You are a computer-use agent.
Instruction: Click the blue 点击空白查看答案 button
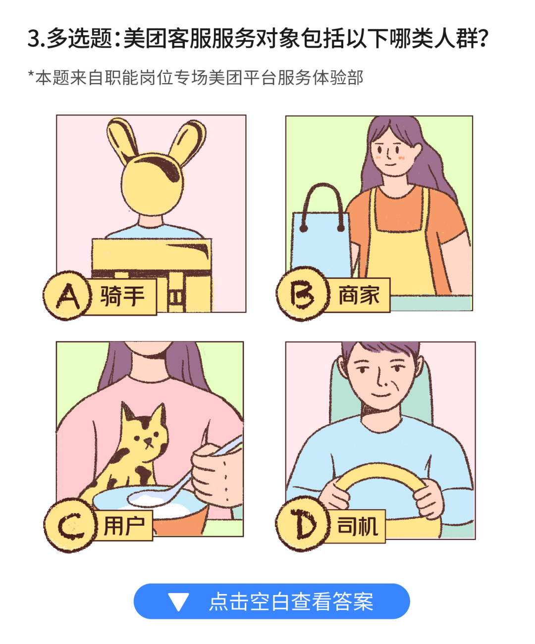pos(271,601)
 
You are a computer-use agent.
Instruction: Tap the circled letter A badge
pos(67,296)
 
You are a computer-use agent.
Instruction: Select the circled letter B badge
pos(301,294)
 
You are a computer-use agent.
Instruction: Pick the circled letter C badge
pos(68,525)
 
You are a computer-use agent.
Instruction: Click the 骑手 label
pos(122,297)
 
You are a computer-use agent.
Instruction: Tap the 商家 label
pos(359,295)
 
